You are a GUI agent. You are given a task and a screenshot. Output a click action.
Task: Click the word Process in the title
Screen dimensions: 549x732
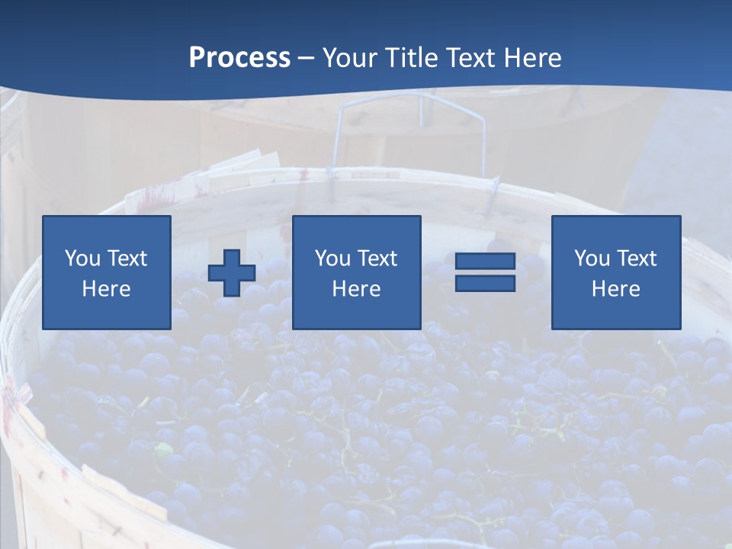239,58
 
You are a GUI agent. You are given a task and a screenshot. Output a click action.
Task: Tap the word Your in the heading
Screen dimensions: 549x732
351,58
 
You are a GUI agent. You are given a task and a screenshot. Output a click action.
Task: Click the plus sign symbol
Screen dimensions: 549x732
232,273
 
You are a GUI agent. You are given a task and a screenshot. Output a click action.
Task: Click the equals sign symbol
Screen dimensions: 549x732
485,272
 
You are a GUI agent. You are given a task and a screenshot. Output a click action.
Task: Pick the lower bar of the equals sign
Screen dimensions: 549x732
485,283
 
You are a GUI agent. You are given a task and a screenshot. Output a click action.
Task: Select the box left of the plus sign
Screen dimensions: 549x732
107,272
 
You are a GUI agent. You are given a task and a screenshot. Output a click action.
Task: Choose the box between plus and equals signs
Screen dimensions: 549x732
357,272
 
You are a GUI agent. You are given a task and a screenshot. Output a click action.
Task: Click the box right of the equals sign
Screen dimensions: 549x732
616,272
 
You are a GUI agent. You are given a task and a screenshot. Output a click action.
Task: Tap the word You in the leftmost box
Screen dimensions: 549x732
82,258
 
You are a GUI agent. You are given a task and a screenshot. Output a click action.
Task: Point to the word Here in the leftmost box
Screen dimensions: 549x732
107,289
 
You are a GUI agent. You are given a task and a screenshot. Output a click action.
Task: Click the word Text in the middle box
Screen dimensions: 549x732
377,258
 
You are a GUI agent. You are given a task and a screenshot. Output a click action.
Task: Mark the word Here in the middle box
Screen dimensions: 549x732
357,289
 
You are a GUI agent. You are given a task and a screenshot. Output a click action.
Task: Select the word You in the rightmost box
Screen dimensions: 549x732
592,258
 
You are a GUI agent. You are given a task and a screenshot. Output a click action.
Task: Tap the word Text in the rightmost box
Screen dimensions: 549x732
636,258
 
